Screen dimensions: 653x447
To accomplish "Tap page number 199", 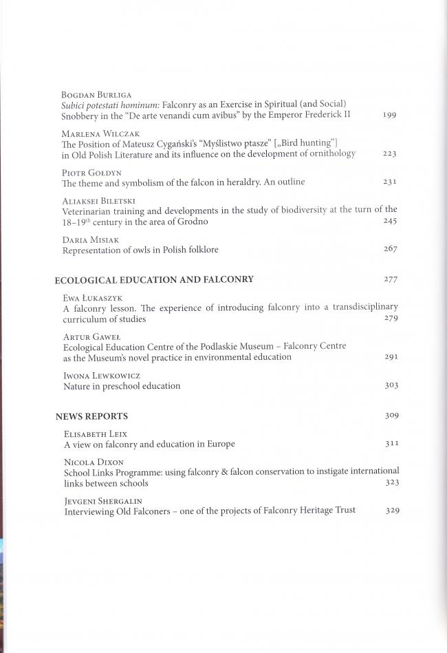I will tap(389, 114).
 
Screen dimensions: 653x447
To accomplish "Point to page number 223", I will tap(389, 154).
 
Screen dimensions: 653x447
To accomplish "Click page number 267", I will tap(390, 249).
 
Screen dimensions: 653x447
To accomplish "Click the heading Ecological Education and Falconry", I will tap(154, 279).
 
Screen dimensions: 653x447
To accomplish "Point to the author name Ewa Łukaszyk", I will tap(88, 299).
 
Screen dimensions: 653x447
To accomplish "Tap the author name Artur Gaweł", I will tap(85, 336).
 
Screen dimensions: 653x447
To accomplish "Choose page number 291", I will tap(391, 357).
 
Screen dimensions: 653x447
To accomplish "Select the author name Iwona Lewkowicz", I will tap(94, 376).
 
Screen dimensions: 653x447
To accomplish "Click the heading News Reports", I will tap(91, 416).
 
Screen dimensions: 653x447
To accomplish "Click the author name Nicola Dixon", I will tap(87, 462).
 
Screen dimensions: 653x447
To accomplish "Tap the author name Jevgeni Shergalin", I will tap(96, 501).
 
